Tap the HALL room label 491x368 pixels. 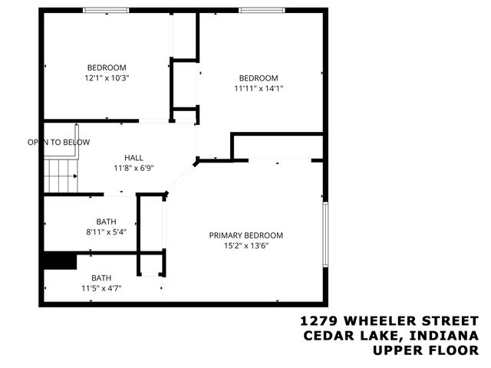click(133, 157)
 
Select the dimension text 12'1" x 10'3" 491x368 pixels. click(107, 77)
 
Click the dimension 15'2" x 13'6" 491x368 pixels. click(246, 246)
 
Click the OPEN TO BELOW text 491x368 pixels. click(59, 142)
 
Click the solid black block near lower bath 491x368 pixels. click(59, 261)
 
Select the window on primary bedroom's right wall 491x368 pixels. click(325, 236)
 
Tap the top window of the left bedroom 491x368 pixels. click(106, 10)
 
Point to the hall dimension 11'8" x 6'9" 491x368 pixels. click(133, 168)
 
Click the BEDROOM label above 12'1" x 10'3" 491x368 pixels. click(107, 67)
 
